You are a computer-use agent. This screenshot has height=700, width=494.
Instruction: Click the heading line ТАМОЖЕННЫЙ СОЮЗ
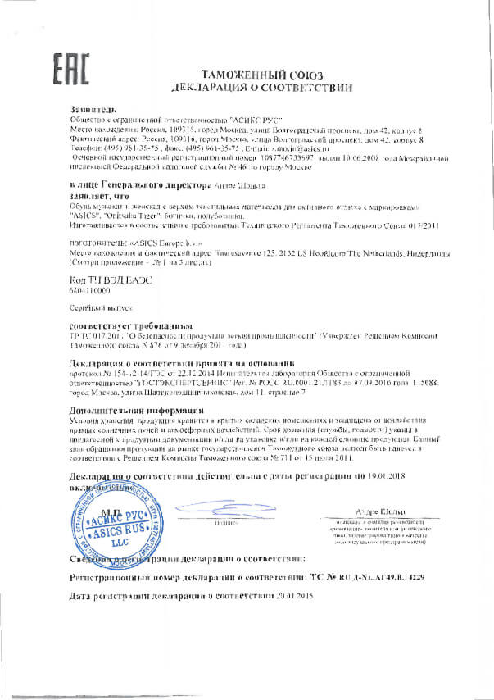click(x=250, y=73)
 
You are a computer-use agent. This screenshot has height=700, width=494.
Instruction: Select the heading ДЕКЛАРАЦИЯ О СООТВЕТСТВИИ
click(x=251, y=86)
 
